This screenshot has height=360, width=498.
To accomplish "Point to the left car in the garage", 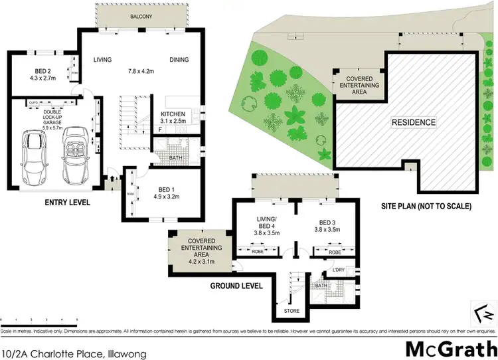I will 34,156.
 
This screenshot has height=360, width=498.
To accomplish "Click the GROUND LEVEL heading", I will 236,286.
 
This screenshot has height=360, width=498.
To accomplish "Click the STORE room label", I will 291,311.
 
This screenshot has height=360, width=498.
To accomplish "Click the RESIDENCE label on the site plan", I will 413,122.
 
